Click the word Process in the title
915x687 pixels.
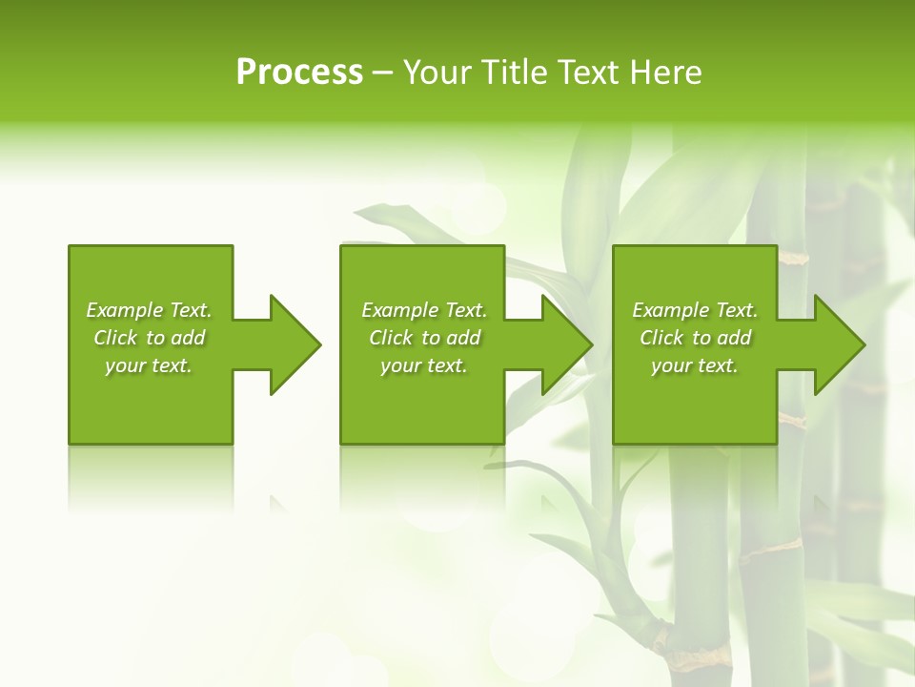click(299, 73)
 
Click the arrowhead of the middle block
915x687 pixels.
click(566, 344)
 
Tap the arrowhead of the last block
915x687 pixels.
click(839, 344)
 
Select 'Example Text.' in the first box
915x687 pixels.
click(149, 310)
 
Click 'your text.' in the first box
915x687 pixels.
click(149, 365)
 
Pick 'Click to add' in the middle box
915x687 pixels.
click(424, 338)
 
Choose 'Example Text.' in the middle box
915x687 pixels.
click(424, 310)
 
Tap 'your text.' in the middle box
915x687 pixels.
click(424, 365)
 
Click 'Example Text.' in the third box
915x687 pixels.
click(695, 310)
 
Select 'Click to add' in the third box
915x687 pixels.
click(695, 338)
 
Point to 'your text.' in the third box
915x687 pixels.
click(695, 365)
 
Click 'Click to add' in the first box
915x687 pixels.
click(149, 338)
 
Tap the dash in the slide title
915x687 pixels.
click(383, 73)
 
